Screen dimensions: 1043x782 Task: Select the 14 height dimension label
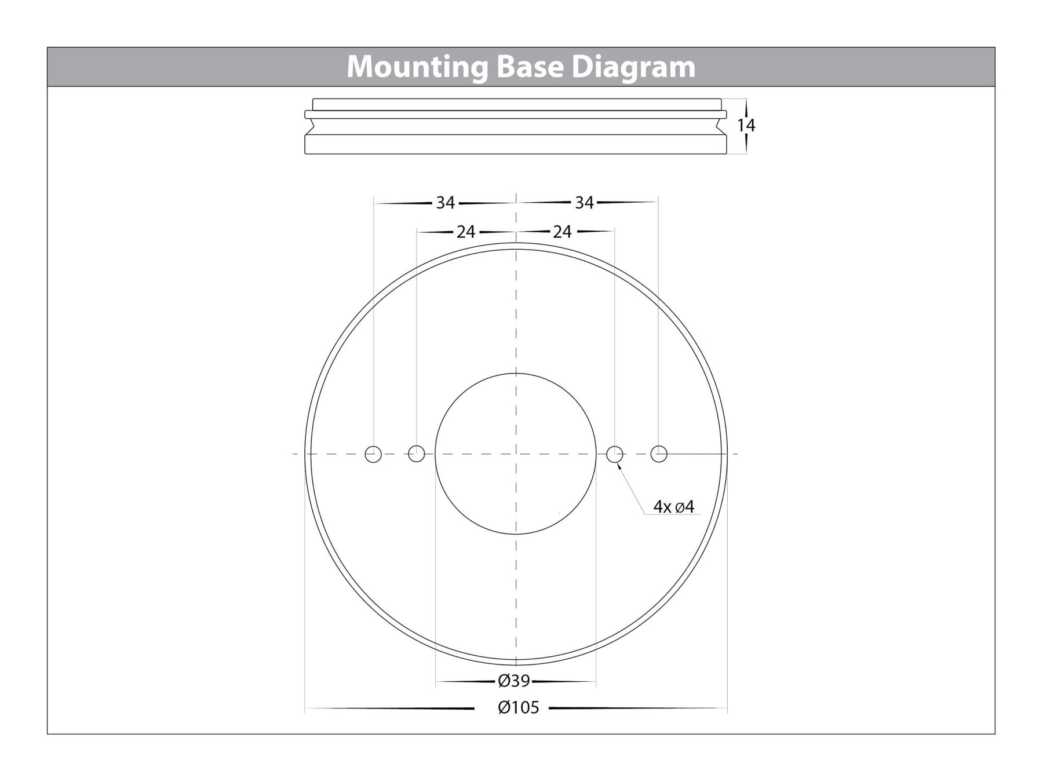746,125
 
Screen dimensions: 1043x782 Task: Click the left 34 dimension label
446,203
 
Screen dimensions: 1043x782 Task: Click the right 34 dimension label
585,203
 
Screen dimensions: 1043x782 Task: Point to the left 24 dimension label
466,232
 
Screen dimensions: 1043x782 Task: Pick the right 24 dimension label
562,232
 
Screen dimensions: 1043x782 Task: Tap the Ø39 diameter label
514,681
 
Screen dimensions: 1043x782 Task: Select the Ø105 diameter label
519,708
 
